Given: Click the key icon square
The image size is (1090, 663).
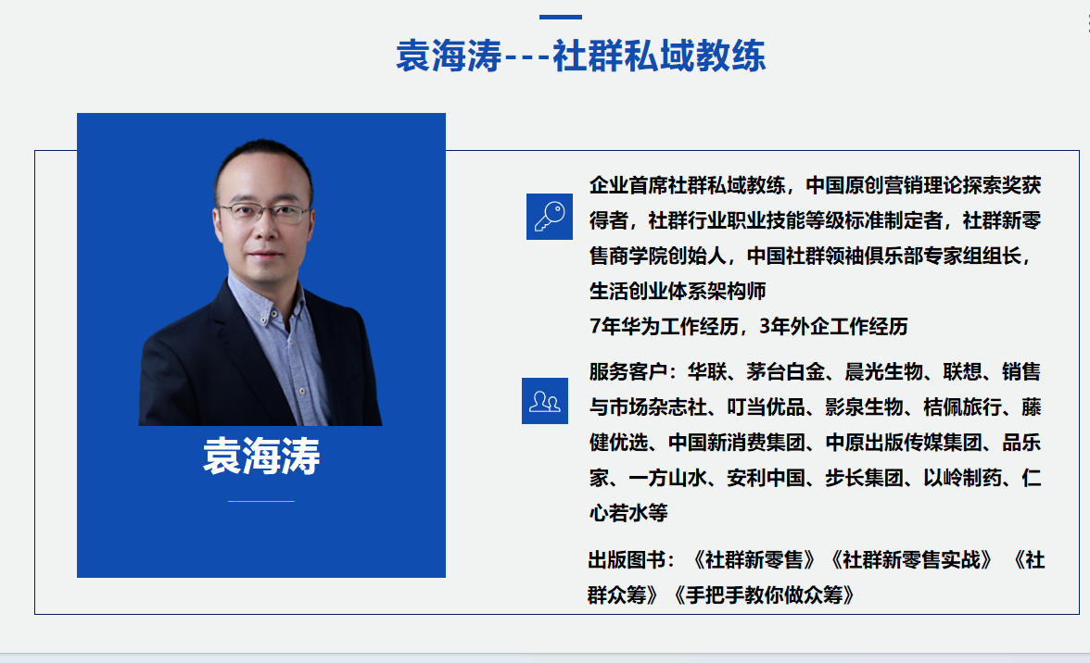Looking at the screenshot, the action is click(x=549, y=217).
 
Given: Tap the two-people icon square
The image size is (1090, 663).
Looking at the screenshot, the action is click(x=545, y=401).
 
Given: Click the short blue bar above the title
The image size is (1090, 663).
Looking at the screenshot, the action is click(x=560, y=17).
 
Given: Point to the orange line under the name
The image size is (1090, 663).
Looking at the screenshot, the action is click(x=261, y=501).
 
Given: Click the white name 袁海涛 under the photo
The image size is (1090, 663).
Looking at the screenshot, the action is click(x=261, y=457).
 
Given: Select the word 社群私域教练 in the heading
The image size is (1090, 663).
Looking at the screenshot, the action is click(x=659, y=56).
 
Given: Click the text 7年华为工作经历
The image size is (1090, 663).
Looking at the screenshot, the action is click(x=664, y=326).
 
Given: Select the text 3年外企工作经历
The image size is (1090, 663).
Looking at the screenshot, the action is click(x=833, y=326).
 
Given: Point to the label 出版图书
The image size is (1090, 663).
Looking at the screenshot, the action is click(x=627, y=559).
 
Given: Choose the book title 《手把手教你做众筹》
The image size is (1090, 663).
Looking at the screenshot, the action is click(x=764, y=595).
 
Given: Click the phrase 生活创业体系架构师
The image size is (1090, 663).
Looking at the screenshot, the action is click(x=678, y=291).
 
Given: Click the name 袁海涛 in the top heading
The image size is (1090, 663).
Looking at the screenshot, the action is click(x=449, y=56).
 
